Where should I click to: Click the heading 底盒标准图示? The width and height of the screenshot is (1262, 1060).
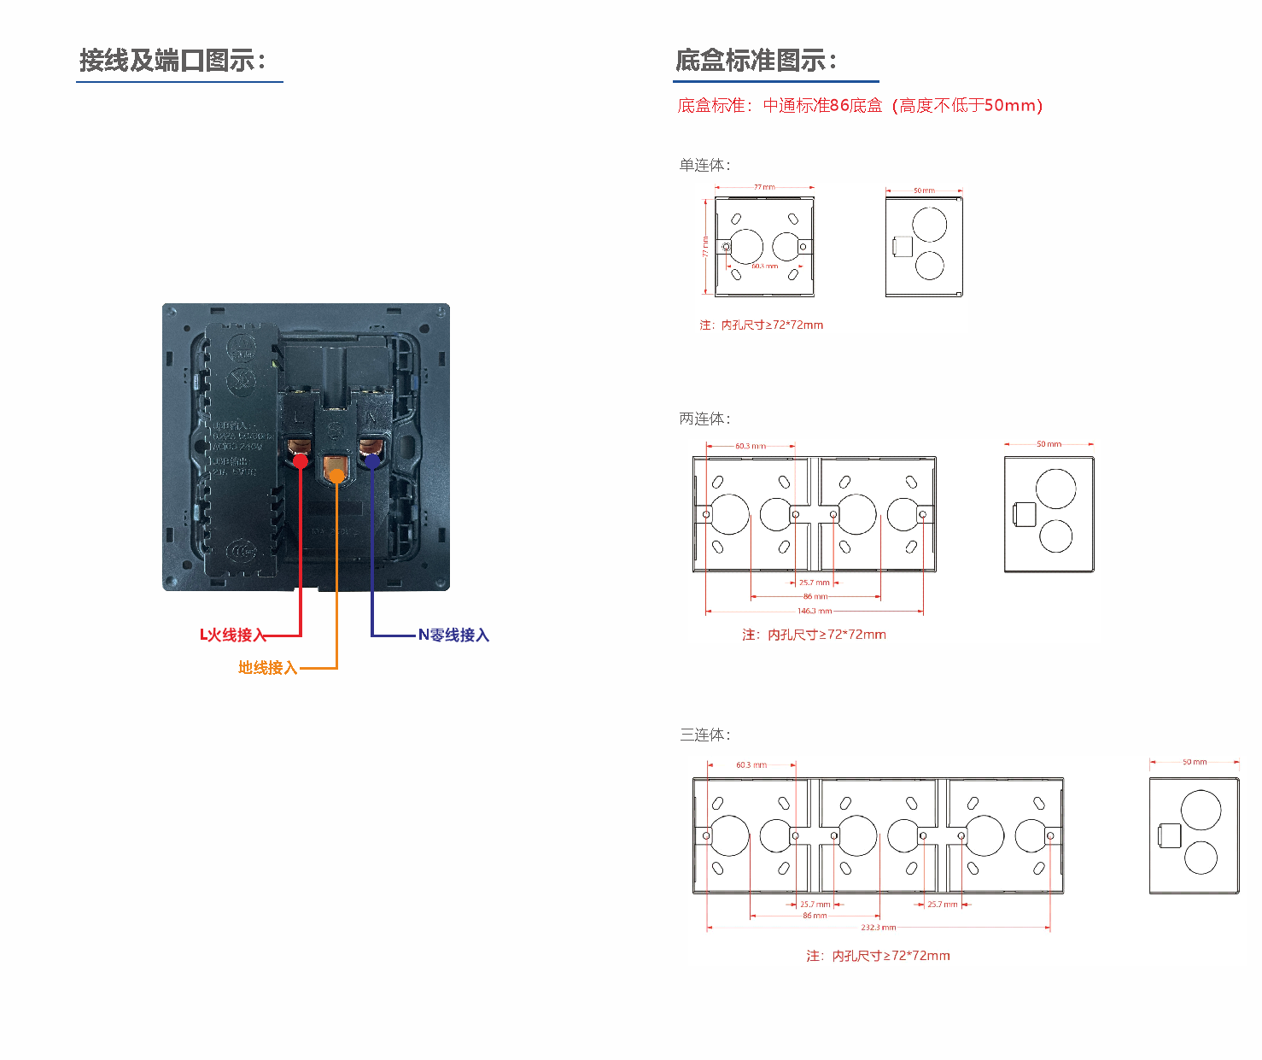(756, 61)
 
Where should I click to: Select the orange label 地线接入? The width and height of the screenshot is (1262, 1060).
(267, 668)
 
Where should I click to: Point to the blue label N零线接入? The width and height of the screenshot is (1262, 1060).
(453, 635)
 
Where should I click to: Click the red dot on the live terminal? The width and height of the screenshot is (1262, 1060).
(301, 461)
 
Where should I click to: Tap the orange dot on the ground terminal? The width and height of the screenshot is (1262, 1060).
(336, 476)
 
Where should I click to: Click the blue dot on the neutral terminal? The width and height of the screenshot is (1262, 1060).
(372, 461)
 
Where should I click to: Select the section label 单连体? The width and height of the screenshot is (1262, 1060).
(704, 165)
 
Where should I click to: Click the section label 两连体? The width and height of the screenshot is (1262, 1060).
(704, 419)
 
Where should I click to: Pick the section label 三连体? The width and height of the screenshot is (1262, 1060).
(704, 735)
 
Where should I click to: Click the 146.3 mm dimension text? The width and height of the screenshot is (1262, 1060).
(814, 611)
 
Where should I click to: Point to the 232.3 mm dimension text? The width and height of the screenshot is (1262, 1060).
(878, 927)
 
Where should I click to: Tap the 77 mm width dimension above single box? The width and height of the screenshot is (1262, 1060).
(764, 187)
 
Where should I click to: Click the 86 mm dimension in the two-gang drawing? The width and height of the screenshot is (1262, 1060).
(815, 596)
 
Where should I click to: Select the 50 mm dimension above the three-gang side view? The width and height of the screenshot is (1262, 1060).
(1195, 762)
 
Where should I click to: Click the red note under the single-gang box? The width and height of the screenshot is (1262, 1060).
(761, 325)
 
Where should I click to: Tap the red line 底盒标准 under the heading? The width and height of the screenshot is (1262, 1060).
(860, 105)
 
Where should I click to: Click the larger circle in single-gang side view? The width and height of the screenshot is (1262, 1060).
(929, 224)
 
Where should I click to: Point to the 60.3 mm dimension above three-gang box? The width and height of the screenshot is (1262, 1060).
(751, 765)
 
